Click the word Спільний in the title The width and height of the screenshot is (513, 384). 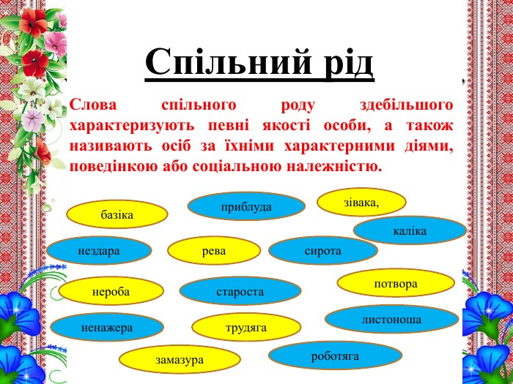coord(228,63)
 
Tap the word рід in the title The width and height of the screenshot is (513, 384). coord(349,63)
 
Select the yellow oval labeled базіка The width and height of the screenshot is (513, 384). coord(117,214)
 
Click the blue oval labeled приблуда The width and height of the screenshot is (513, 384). coord(246,206)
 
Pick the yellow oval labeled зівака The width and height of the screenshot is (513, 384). coord(361,202)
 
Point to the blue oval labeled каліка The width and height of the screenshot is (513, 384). coord(410,230)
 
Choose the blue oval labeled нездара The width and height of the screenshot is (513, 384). coord(99,250)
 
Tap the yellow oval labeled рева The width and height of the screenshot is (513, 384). coord(214,250)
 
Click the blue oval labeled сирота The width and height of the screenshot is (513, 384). coord(323,250)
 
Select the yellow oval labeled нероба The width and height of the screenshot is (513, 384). coord(111,291)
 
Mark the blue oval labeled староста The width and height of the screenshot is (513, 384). coord(240,291)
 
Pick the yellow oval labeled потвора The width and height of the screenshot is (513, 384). coord(396,283)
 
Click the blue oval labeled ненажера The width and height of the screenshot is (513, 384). coord(107,327)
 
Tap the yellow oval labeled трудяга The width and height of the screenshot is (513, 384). coord(246,327)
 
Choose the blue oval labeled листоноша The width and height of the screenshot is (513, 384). coord(391,319)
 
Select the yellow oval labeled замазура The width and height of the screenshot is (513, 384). coord(180,359)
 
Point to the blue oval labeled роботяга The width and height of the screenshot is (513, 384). coord(335,355)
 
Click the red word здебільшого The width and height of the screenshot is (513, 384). coord(406,105)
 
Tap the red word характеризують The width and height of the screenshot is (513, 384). coord(132,126)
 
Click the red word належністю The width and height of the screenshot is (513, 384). coord(334,167)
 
